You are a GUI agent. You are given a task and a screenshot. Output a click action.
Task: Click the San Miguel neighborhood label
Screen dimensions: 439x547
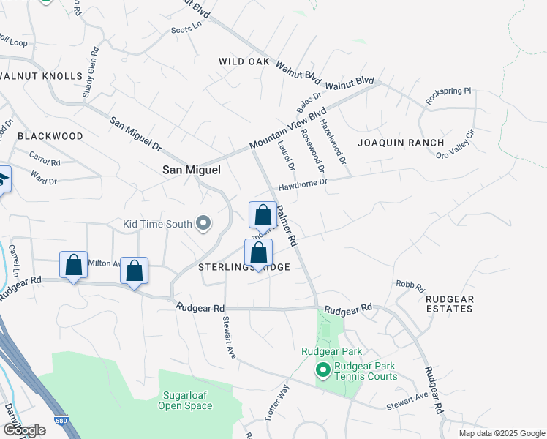[191, 170]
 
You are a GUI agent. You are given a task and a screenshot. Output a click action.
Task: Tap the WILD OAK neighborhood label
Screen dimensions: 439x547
[244, 62]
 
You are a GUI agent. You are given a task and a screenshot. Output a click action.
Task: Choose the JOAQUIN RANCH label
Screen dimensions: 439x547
[401, 143]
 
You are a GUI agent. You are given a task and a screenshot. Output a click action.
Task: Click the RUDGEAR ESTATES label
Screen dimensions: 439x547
[450, 304]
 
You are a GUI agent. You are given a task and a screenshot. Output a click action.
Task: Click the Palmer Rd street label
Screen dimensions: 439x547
[286, 225]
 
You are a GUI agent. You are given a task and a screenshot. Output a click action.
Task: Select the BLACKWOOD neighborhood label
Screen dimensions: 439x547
[50, 136]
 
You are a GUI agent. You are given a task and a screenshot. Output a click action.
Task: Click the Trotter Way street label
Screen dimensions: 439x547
[282, 402]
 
